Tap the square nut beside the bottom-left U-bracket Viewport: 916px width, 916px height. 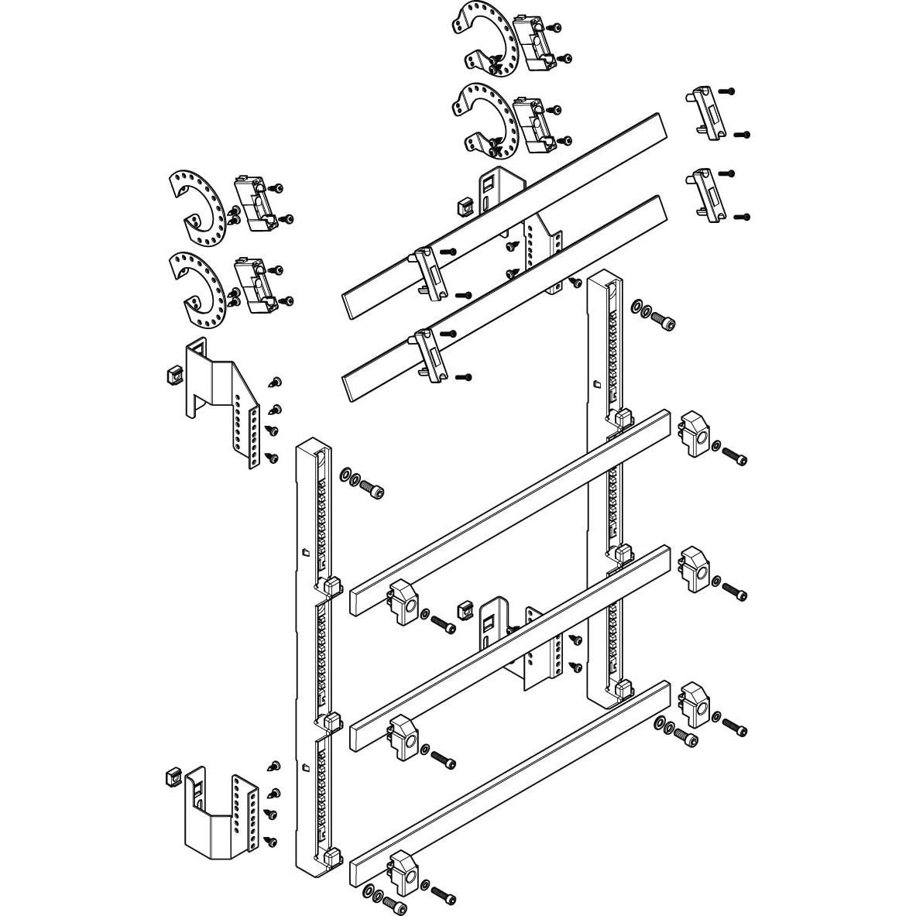point(173,776)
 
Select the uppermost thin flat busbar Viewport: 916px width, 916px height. point(503,213)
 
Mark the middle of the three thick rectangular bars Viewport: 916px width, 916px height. point(511,647)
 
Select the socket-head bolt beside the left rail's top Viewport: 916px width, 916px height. point(372,490)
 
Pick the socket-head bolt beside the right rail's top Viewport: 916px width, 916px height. point(664,317)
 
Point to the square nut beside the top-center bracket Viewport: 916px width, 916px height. point(466,205)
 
